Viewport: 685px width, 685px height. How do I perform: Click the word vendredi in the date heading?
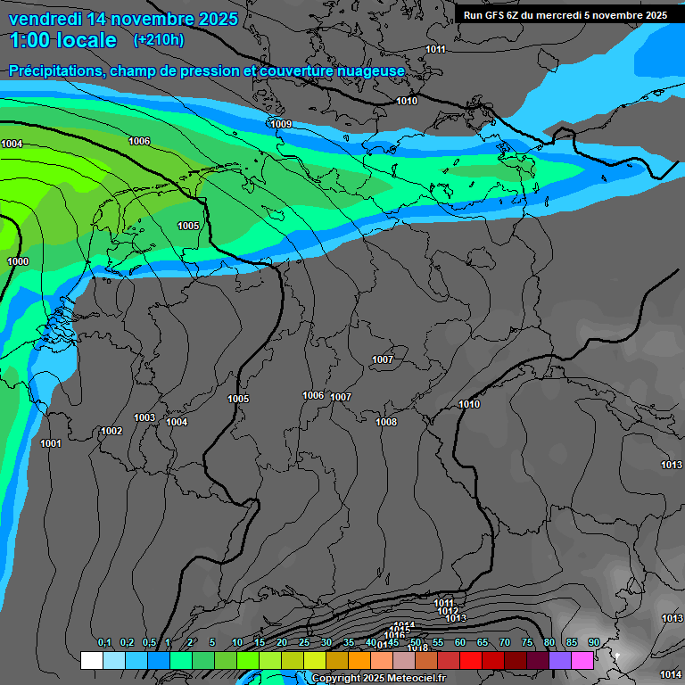tap(46, 19)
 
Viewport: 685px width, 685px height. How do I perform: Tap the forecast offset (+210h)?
tap(159, 40)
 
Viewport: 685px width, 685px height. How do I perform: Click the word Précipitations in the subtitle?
tap(54, 70)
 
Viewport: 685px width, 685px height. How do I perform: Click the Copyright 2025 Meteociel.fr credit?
tap(378, 678)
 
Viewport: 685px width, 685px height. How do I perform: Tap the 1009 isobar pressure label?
tap(280, 124)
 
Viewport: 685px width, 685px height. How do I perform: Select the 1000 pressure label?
tap(18, 261)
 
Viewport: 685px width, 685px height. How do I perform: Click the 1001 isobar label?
tap(51, 443)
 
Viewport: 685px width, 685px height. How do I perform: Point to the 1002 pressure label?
tap(111, 431)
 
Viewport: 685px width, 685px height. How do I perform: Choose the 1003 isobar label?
tap(144, 417)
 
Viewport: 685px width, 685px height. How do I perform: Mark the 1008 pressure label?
tap(386, 422)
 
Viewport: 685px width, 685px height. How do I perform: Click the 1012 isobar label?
tap(448, 611)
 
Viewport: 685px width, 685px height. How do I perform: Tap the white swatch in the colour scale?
tap(91, 660)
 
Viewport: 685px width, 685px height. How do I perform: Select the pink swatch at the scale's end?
tap(582, 660)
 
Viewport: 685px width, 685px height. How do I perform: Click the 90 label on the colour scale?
tap(593, 642)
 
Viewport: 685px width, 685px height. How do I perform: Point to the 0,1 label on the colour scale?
tap(103, 642)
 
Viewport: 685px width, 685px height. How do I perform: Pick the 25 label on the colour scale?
tap(304, 642)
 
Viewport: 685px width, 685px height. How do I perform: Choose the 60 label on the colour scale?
tap(459, 642)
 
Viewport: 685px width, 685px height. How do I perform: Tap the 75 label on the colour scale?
tap(526, 642)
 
